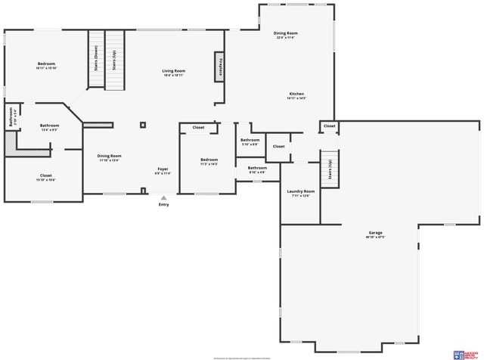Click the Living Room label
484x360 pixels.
[x=173, y=71]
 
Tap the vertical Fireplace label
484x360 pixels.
[x=220, y=68]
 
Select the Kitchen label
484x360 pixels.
[x=296, y=95]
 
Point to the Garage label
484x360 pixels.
[x=375, y=234]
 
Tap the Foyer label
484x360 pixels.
[x=163, y=168]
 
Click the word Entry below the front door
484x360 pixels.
[x=163, y=205]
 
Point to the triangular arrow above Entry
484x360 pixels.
[x=163, y=197]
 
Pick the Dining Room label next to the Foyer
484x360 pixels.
[x=109, y=156]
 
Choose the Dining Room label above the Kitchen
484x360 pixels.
[x=285, y=33]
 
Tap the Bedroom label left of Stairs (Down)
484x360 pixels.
[x=47, y=64]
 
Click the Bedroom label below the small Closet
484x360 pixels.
[x=209, y=160]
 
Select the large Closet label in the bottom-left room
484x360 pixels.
[x=46, y=175]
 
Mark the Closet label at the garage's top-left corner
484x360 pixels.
[x=329, y=126]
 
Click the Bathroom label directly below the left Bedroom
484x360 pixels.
[x=50, y=126]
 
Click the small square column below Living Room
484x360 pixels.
[x=141, y=125]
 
